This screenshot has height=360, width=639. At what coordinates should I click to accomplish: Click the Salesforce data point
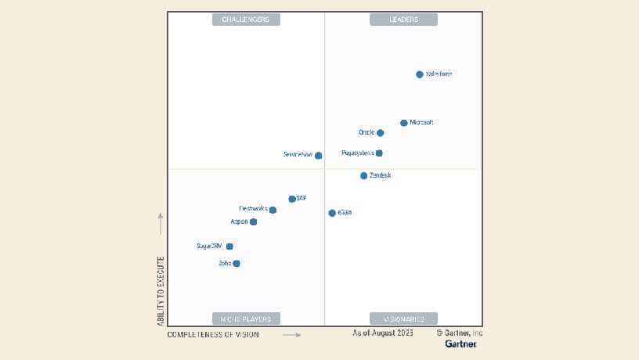coord(420,74)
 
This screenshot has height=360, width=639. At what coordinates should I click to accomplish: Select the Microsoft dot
coord(404,123)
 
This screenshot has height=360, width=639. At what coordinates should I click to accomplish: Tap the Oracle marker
coord(381,133)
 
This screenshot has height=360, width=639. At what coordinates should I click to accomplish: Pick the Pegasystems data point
coord(380,153)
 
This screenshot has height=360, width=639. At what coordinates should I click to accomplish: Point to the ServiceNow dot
coord(319,155)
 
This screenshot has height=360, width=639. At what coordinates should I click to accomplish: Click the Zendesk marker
coord(364,176)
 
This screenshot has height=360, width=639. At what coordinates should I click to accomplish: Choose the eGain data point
coord(332,213)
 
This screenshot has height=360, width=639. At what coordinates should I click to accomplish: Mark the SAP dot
coord(292,199)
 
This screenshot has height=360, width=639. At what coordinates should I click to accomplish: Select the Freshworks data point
coord(273,210)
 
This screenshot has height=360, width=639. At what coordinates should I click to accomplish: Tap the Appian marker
coord(253,221)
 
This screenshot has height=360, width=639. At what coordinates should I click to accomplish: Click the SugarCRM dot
coord(229,247)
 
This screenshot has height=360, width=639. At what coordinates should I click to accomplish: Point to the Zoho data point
coord(236,264)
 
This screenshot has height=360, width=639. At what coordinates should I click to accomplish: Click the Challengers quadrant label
coord(246,20)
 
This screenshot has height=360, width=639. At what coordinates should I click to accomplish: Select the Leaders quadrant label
coord(403,20)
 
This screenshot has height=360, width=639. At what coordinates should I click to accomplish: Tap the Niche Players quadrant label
coord(246,319)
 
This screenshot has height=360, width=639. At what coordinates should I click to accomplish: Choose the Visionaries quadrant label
coord(403,319)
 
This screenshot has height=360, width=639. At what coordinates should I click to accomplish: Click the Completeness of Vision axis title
coord(213,334)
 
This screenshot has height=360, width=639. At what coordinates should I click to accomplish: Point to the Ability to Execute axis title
coord(161,290)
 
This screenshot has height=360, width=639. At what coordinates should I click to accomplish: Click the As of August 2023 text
coord(383,333)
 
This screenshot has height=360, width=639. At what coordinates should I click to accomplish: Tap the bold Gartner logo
coord(460,344)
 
